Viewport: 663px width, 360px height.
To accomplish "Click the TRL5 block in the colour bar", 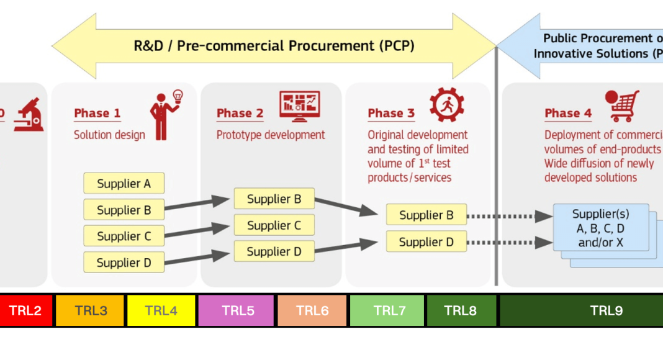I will (236, 310).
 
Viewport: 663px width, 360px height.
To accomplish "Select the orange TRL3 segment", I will (90, 310).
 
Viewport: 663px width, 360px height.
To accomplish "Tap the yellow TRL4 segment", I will (161, 310).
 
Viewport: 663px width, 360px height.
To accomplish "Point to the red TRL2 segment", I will (25, 310).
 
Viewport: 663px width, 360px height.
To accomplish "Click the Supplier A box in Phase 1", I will (124, 184).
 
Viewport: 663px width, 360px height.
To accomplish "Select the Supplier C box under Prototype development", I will (274, 225).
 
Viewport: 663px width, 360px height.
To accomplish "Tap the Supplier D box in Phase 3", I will (426, 242).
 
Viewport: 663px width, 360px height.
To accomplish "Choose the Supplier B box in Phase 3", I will (426, 215).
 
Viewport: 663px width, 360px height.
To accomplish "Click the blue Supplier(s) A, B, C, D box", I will (600, 228).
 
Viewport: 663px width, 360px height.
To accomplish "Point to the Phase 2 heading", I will (240, 113).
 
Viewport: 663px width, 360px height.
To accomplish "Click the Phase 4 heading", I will (568, 113).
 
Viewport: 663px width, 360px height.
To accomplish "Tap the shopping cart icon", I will (623, 107).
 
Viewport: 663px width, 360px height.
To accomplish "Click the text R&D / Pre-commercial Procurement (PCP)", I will (274, 45).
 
